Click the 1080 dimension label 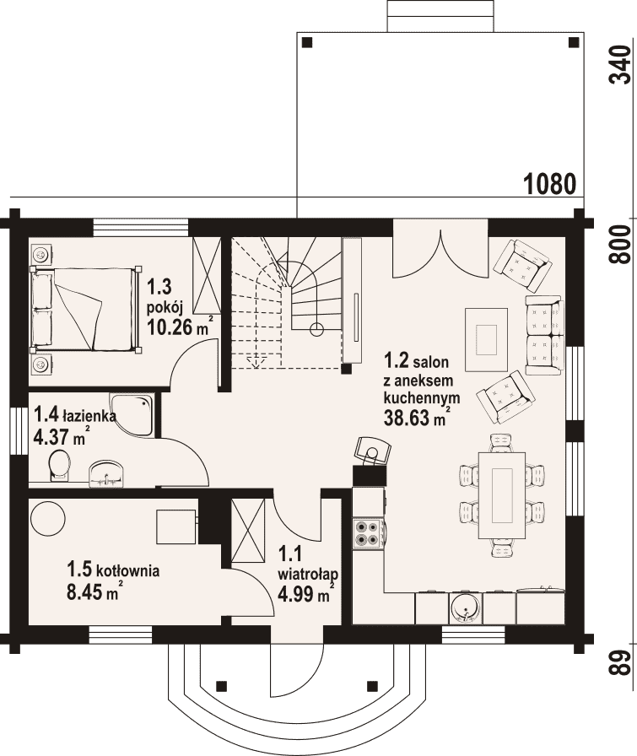[550, 184]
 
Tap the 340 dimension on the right [621, 65]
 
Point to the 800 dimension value [621, 244]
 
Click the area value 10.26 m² [180, 327]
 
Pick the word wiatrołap [308, 575]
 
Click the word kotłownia [127, 571]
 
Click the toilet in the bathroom [59, 465]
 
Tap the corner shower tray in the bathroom [132, 414]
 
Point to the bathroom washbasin [106, 472]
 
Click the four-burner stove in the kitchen [368, 533]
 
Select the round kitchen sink [465, 607]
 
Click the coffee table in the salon [486, 339]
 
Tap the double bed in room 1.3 [85, 309]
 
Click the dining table [501, 495]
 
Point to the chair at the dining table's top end [501, 442]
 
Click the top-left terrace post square [307, 43]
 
